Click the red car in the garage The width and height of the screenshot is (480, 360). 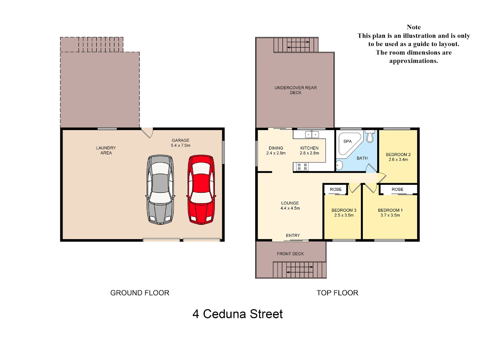[x=201, y=190]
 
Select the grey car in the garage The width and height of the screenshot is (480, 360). [x=160, y=190]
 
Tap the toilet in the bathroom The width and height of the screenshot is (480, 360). [x=370, y=136]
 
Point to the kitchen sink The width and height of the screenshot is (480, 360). [x=312, y=134]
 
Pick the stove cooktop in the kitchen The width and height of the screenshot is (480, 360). [x=302, y=166]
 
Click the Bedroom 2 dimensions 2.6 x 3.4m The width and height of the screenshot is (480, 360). [x=398, y=160]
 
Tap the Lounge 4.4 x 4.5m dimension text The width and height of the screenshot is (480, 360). [x=290, y=208]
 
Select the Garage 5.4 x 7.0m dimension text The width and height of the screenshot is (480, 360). [x=180, y=145]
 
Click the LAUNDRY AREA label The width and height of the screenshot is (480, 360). [x=106, y=150]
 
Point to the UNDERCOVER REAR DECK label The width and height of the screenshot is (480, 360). [x=296, y=90]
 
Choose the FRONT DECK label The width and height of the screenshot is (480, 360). [x=290, y=254]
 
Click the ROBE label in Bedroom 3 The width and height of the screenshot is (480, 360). [x=336, y=189]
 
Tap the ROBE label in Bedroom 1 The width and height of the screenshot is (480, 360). [x=397, y=189]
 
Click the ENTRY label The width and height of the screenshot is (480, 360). [x=293, y=236]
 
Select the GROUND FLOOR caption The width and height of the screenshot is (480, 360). [x=140, y=293]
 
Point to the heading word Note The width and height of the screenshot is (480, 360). [x=414, y=27]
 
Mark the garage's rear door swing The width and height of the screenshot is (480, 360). [x=147, y=133]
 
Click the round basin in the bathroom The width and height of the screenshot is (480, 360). [x=339, y=165]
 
